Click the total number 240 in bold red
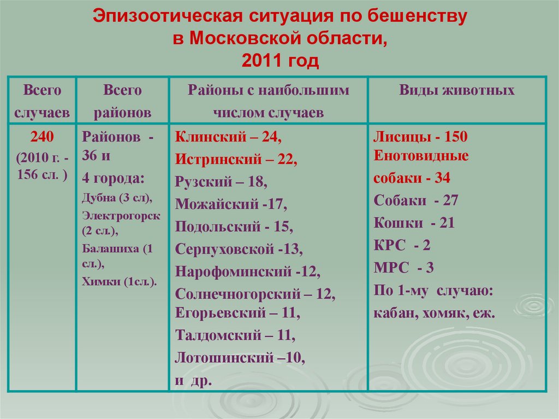pos(42,137)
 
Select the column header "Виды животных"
pos(456,91)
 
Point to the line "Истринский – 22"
pos(236,160)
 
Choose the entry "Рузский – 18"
pos(221,182)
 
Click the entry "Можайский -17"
pos(231,204)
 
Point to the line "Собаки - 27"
pos(416,200)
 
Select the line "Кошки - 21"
pos(414,223)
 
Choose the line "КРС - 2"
pos(402,245)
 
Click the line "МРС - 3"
pos(404,268)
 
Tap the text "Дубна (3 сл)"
pos(117,198)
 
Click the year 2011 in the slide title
pos(260,61)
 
